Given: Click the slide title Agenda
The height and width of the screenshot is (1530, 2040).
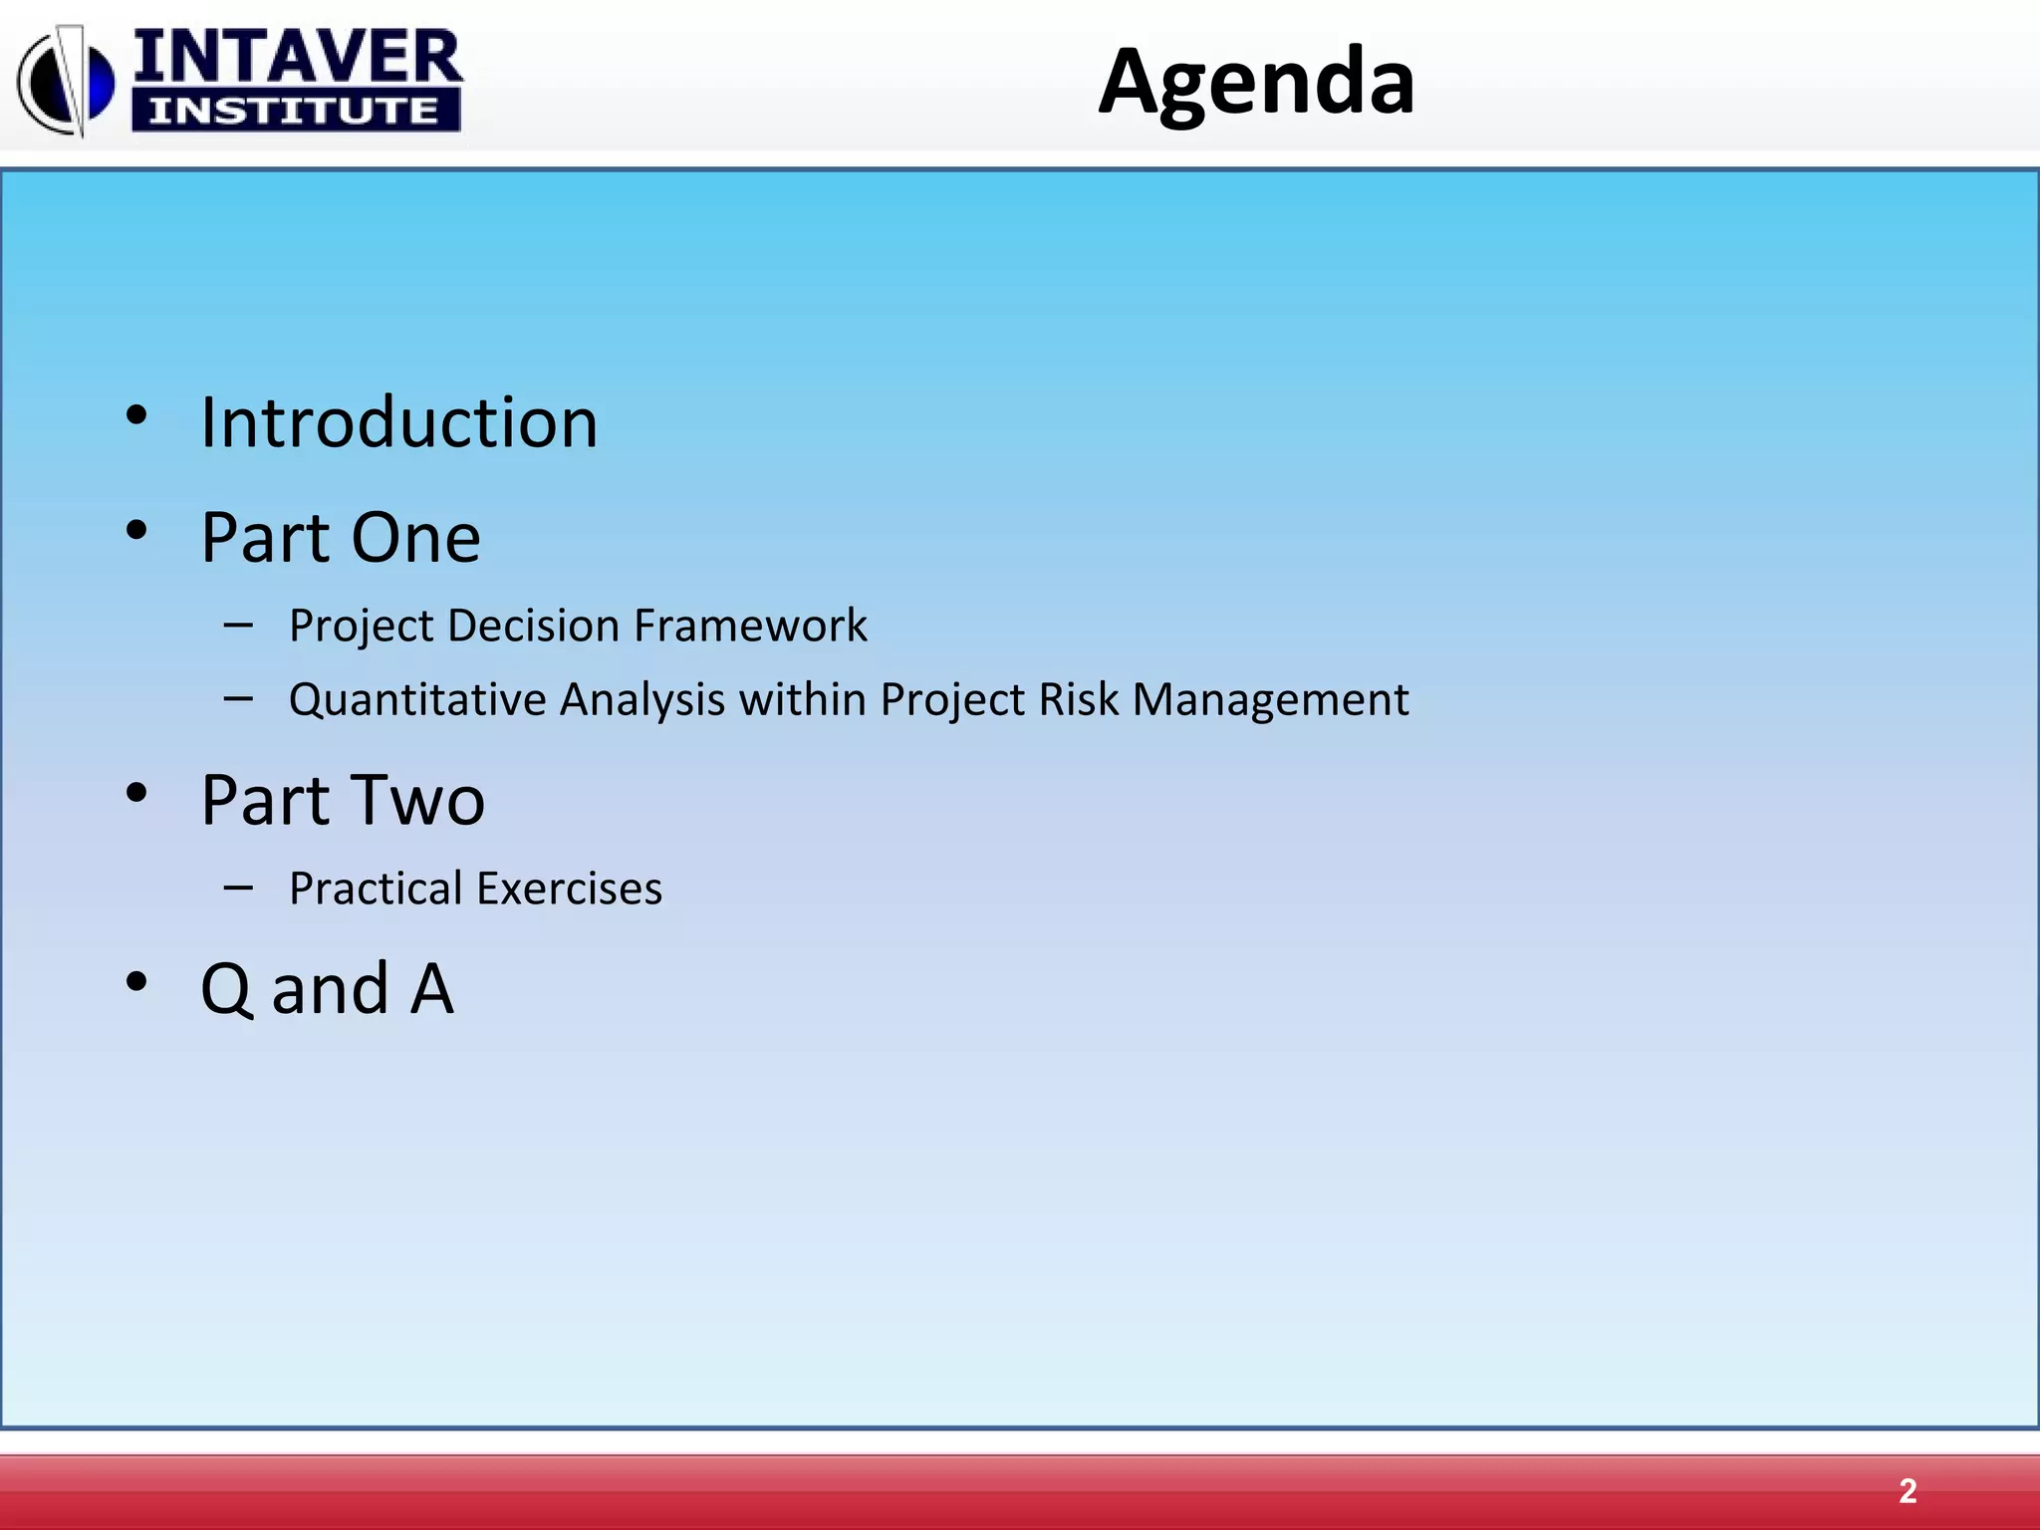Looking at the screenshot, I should pos(1256,82).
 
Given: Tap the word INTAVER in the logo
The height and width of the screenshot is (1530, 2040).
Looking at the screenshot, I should pos(297,57).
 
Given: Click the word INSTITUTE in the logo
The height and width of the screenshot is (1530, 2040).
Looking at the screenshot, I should pos(294,111).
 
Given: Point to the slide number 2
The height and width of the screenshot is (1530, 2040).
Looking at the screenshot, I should pos(1907,1491).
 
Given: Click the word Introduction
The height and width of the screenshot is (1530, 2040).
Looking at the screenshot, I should pos(398,423).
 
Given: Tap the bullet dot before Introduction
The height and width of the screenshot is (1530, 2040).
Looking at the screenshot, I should pos(137,415).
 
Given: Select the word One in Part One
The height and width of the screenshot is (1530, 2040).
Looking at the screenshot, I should pos(415,539).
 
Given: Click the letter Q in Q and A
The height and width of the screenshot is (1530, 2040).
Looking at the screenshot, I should pos(227,990).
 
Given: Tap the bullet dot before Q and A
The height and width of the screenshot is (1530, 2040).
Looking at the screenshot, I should pos(137,982).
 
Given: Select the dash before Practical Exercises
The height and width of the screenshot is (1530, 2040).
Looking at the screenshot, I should pos(238,887).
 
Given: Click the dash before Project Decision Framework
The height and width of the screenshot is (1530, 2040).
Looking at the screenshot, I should pos(238,626).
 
